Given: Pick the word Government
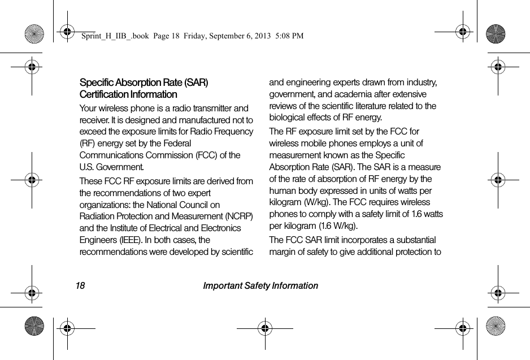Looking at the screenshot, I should [x=119, y=167].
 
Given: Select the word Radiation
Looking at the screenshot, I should [x=97, y=216].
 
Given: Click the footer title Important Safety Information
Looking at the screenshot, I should [x=260, y=286].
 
